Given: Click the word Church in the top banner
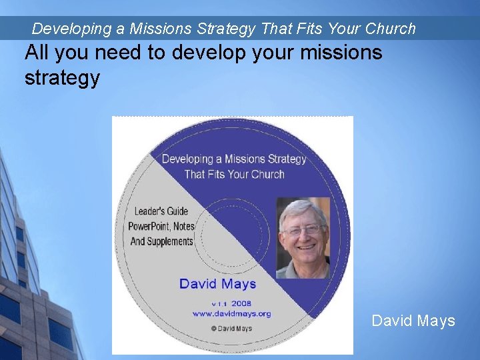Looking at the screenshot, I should (x=390, y=29).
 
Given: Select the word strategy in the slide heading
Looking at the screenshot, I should (x=62, y=78).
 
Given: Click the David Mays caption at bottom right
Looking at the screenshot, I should (x=413, y=321).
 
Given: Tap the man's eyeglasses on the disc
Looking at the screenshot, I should (x=302, y=230).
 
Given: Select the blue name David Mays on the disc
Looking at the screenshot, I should (x=217, y=283).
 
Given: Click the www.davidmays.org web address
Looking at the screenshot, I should (x=231, y=313).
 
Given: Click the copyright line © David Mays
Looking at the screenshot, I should (x=231, y=327).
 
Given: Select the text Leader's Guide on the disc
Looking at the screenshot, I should (x=161, y=211).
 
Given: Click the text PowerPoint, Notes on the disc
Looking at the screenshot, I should (x=161, y=226).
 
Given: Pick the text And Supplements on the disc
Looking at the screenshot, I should (x=161, y=241).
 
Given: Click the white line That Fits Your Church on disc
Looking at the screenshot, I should (x=234, y=175).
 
